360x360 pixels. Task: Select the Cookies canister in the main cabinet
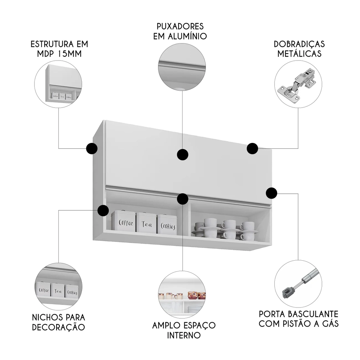tap(167, 225)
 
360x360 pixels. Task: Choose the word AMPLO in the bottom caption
tap(167, 325)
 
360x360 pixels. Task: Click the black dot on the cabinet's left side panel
tap(92, 148)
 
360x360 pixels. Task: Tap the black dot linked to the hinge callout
tap(252, 148)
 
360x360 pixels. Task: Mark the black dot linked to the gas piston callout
tap(271, 193)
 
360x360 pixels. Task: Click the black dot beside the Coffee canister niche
tap(103, 211)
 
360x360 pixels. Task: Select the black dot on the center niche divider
tap(183, 199)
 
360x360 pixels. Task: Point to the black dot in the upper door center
tap(183, 155)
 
